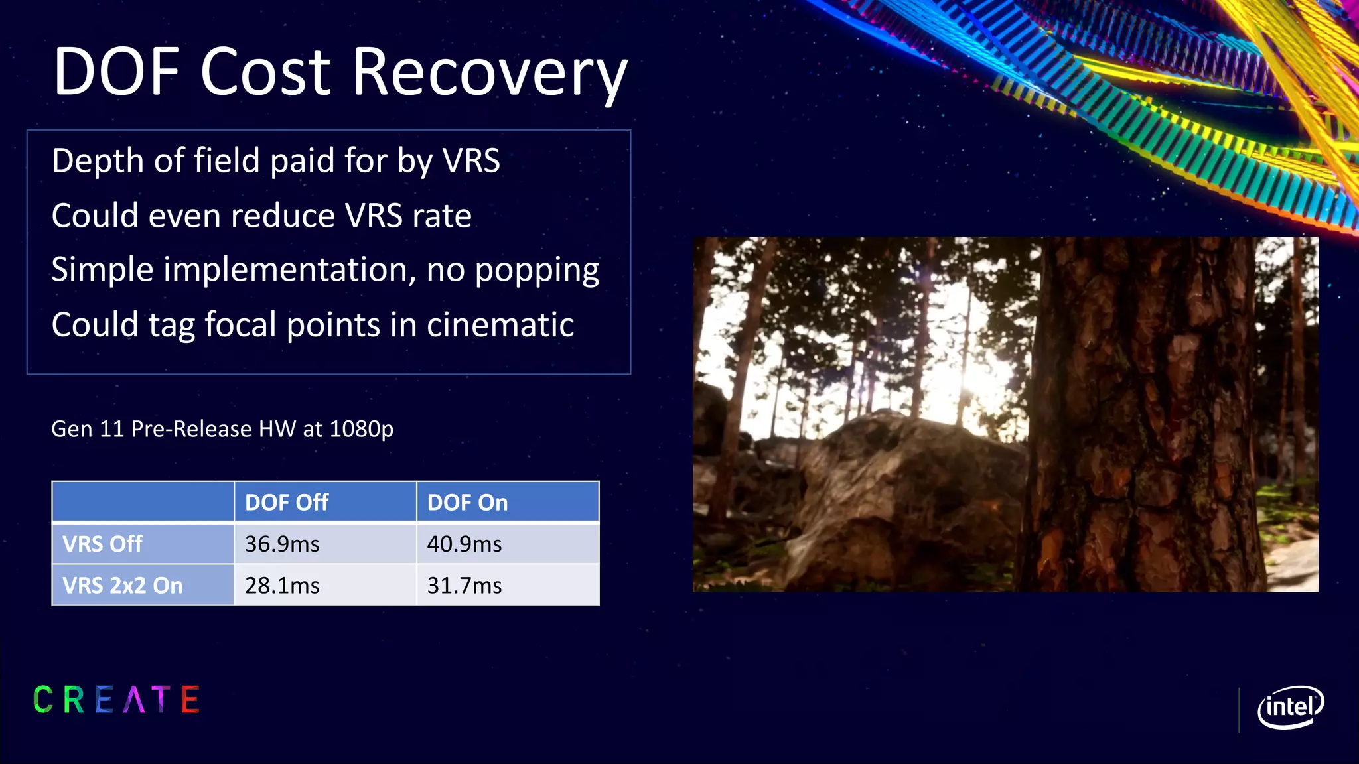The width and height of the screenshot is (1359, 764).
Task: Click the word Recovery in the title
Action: coord(490,73)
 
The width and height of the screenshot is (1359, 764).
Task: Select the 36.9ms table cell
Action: coord(282,544)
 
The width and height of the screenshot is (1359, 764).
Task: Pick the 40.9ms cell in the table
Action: coord(465,544)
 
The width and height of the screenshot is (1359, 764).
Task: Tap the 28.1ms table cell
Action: coord(282,586)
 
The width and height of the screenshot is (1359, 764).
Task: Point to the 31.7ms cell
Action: coord(465,586)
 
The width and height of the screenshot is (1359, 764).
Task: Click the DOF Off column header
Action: coord(287,503)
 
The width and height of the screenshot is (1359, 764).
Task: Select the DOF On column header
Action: coord(467,503)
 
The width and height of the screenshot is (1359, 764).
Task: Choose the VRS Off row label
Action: coord(102,544)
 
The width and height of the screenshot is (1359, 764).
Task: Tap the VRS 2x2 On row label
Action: coord(122,586)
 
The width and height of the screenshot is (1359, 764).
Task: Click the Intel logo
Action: coord(1290,707)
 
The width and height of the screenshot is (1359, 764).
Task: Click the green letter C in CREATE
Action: coord(43,700)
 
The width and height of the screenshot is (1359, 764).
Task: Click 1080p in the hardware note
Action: coord(361,429)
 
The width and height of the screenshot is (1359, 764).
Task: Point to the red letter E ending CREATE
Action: coord(190,700)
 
